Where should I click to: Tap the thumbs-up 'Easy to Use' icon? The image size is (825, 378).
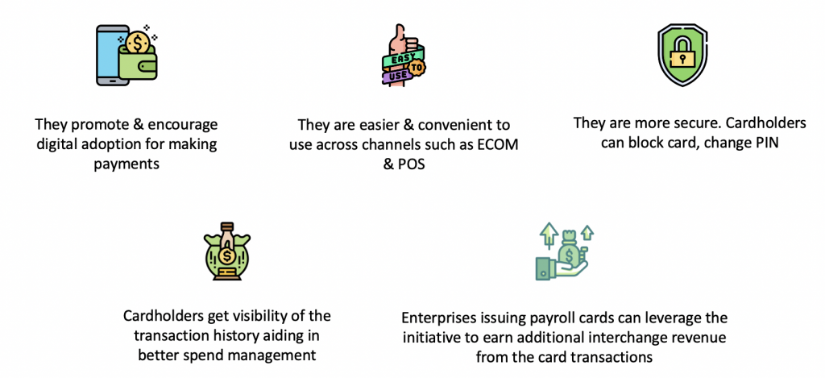[402, 56]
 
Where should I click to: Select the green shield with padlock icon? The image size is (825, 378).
[682, 54]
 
